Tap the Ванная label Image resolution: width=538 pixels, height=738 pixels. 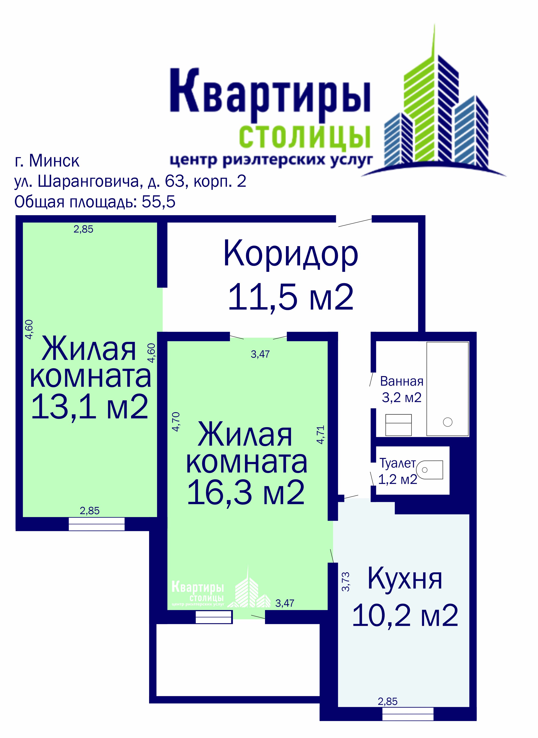point(402,381)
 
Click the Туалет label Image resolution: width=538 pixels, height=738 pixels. point(398,463)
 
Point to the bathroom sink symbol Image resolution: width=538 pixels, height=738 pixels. point(398,425)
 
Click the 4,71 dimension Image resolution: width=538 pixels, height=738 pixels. point(321,435)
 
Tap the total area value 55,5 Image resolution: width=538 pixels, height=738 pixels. point(158,202)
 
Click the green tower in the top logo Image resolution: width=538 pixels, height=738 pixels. point(420,98)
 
